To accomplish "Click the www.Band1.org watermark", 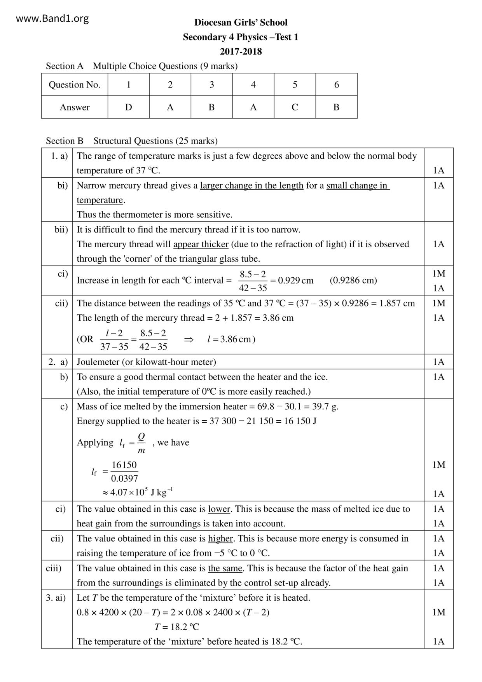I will (52, 19).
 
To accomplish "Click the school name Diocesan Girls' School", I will (241, 23).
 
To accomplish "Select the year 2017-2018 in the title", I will (241, 52).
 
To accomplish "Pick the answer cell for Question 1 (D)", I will (129, 107).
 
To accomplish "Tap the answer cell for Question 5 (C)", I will (295, 107).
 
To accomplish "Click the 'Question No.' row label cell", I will (75, 85).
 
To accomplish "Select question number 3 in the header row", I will (211, 85).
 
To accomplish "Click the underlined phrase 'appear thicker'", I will (201, 244).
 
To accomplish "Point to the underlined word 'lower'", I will (219, 509).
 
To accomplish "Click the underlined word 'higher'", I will (220, 539).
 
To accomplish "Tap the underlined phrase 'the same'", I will (225, 568).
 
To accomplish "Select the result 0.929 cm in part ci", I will (296, 281).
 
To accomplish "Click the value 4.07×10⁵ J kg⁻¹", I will (138, 492).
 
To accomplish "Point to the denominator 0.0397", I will (124, 479).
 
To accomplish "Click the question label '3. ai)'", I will (56, 598).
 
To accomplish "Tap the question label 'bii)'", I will (61, 230).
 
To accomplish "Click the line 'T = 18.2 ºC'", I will (176, 627).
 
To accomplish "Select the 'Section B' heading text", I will (65, 141).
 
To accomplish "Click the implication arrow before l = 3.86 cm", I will (189, 339).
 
